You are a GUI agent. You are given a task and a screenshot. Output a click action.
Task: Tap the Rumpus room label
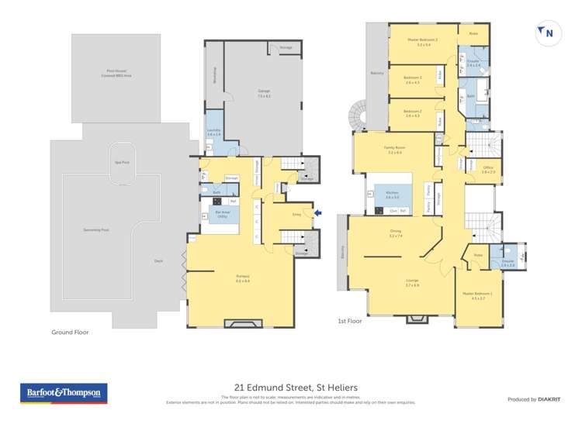click(x=242, y=278)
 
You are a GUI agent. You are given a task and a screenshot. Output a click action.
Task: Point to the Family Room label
click(x=395, y=148)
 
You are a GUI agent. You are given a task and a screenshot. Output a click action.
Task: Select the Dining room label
click(x=395, y=233)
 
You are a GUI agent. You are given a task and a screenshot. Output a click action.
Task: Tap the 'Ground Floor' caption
click(x=69, y=332)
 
